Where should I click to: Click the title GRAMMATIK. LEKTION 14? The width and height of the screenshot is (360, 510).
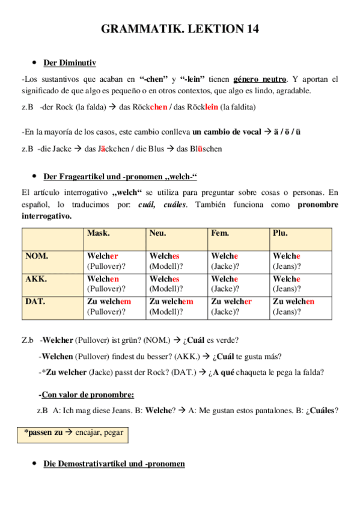pyautogui.click(x=180, y=29)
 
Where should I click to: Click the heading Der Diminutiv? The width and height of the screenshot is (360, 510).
pyautogui.click(x=70, y=63)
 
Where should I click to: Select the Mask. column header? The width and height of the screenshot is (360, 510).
pyautogui.click(x=98, y=233)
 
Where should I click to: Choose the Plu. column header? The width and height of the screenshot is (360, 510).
pyautogui.click(x=281, y=233)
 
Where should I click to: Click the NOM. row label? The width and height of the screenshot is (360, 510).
pyautogui.click(x=37, y=256)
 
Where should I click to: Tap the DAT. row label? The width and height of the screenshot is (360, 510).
pyautogui.click(x=35, y=302)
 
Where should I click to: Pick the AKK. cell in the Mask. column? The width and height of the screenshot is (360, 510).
pyautogui.click(x=115, y=284)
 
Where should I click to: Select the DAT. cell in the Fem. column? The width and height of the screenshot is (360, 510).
pyautogui.click(x=239, y=307)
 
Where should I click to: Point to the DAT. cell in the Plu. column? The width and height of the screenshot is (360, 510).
pyautogui.click(x=301, y=307)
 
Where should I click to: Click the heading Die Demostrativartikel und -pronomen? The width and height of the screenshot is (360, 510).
pyautogui.click(x=114, y=464)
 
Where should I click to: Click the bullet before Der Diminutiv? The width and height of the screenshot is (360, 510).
pyautogui.click(x=34, y=63)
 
